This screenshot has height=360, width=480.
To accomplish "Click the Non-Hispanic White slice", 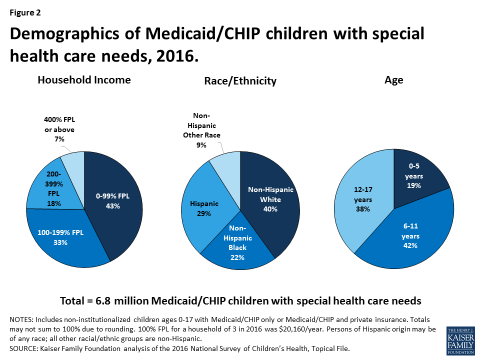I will click(270, 200).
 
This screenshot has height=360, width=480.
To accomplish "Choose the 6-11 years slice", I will click(410, 235).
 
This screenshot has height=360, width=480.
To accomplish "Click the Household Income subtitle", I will click(84, 80).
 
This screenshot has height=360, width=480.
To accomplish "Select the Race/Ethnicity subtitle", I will click(240, 81).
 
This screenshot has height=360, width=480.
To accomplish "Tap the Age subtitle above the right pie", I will click(394, 80).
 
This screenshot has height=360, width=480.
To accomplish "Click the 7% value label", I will click(59, 139).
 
